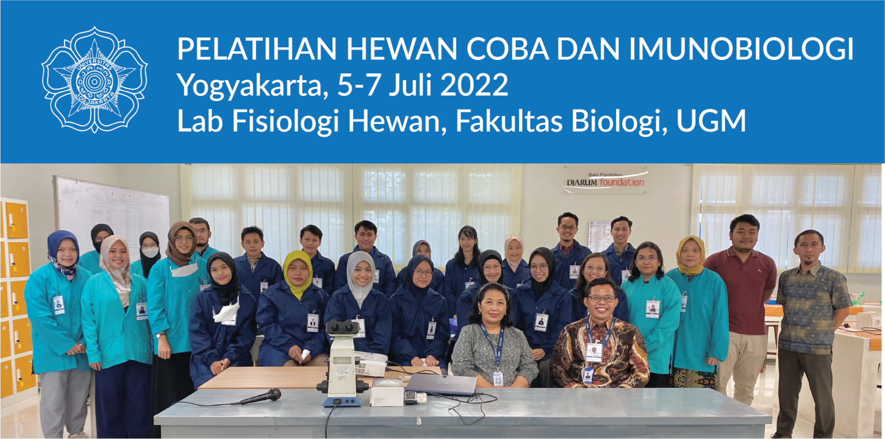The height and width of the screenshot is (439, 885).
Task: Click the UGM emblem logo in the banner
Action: point(94,80)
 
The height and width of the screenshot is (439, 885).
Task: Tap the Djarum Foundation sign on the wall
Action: point(604,181)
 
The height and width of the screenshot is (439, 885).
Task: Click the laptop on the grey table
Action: point(441,384)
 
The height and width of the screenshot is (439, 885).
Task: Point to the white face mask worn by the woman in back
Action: point(150,252)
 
